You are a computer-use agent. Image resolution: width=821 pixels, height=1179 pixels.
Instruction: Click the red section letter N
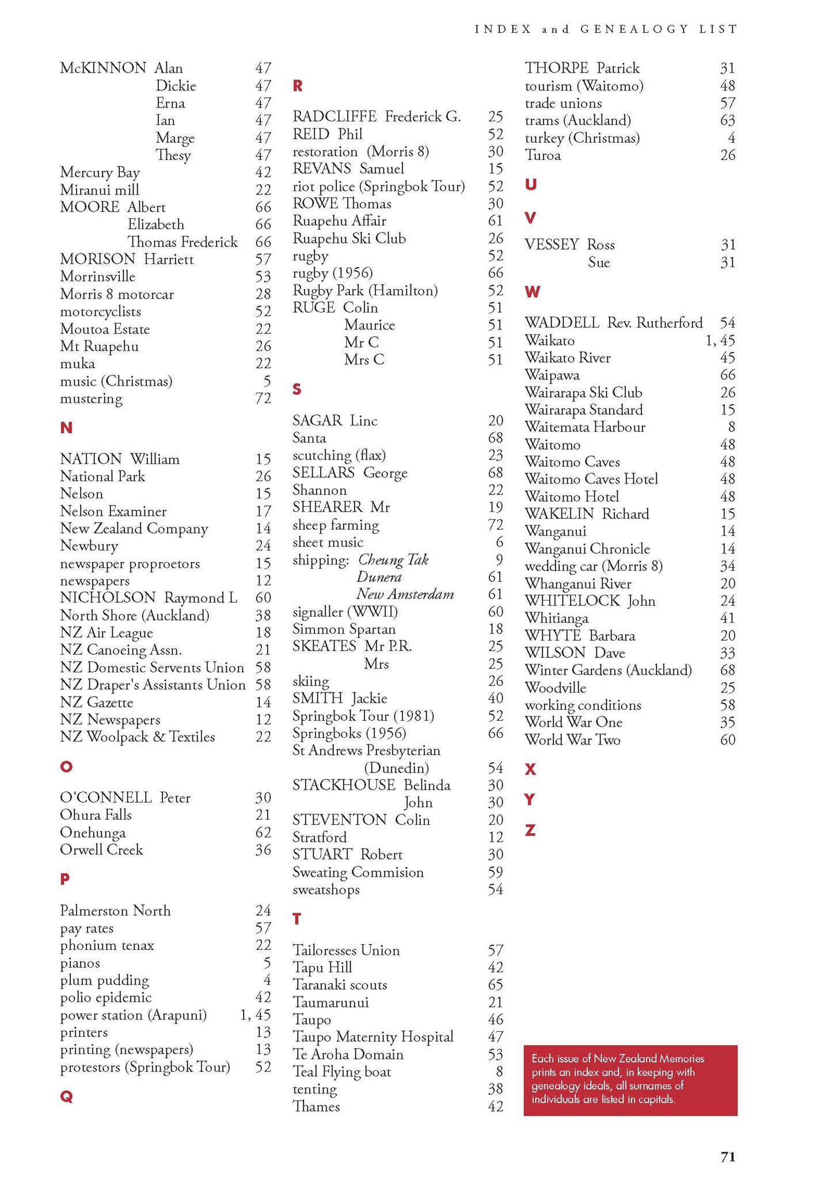pos(66,428)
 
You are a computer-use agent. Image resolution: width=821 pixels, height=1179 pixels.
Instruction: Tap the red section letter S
pos(297,390)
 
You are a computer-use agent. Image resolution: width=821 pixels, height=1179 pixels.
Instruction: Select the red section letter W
pos(533,292)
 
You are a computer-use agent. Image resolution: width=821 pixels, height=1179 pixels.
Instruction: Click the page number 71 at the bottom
pos(728,1157)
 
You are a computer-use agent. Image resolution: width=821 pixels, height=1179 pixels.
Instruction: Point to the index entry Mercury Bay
pos(100,173)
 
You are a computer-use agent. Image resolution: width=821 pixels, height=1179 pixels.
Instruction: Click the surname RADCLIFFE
pos(335,117)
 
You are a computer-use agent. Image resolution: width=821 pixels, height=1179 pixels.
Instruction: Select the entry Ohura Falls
pos(96,815)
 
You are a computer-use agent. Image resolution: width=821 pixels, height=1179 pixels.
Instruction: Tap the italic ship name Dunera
pos(379,577)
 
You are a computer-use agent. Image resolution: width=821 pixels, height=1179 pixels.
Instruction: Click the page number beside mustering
pos(263,398)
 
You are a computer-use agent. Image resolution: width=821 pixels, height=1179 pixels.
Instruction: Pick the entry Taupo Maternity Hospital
pos(373,1037)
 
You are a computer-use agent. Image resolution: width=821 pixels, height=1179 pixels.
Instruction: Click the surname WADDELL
pos(562,323)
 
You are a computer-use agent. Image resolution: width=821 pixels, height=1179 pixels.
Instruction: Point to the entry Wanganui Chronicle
pos(587,549)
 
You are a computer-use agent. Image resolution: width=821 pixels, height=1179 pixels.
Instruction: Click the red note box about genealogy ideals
pos(630,1080)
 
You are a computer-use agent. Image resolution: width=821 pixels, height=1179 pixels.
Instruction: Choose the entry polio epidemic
pos(105,998)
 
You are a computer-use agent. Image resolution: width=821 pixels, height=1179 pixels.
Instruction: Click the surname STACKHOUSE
pos(344,785)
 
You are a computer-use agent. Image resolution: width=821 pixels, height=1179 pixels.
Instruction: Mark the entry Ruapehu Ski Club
pos(349,238)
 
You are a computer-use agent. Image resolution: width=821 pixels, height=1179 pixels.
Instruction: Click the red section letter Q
pos(66,1097)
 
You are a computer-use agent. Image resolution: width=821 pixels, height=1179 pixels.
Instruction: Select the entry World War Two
pos(572,740)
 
